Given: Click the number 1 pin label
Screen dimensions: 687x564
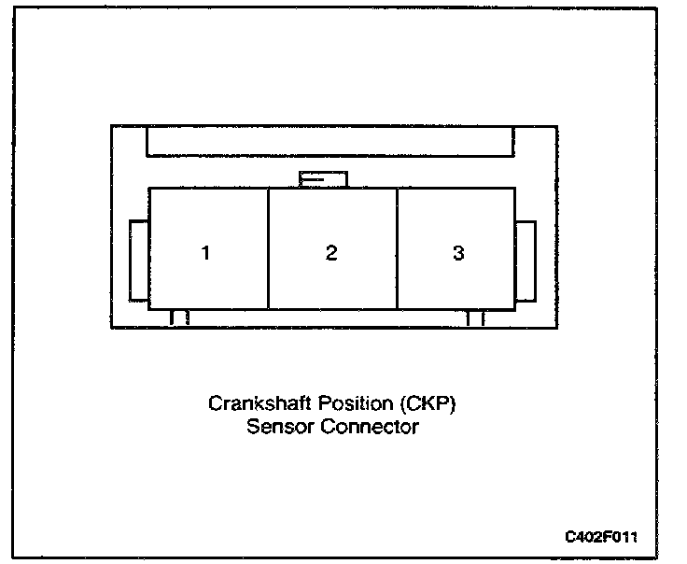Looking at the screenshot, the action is point(205,253).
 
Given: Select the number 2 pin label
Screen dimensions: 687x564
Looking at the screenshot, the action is point(331,253).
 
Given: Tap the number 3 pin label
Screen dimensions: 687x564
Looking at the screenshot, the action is point(458,253).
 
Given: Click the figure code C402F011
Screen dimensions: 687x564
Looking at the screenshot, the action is point(602,537).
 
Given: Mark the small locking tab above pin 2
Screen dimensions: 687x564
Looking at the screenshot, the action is point(322,178).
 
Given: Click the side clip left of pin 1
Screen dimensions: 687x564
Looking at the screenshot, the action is point(138,261).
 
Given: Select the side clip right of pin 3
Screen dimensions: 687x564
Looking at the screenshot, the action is point(526,261).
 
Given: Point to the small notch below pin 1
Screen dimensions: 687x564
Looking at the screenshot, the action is point(180,317).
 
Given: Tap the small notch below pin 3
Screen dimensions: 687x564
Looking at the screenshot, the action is point(476,317).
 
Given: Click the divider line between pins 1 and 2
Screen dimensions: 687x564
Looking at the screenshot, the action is point(269,247).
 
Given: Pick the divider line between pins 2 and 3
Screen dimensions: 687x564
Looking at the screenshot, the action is point(398,247).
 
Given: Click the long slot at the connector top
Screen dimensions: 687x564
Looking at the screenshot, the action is point(329,141).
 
